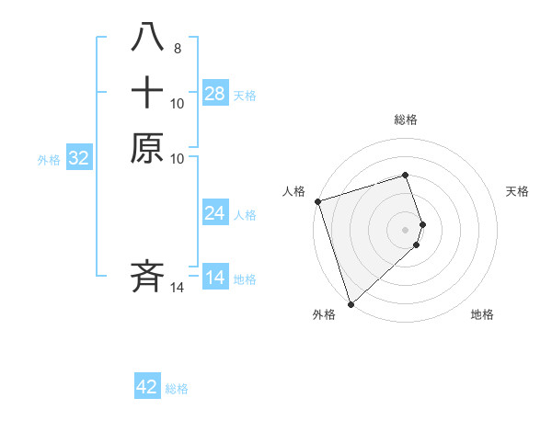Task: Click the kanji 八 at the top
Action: [x=147, y=38]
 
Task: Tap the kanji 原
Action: [x=147, y=149]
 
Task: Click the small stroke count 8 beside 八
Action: [x=177, y=48]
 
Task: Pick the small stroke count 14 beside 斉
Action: [x=178, y=289]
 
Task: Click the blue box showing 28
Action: [x=215, y=94]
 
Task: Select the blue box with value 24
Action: [x=215, y=213]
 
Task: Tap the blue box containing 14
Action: [x=215, y=278]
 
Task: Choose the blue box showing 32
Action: [x=79, y=158]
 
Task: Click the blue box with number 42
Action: [x=147, y=387]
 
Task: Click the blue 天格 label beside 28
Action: [x=245, y=95]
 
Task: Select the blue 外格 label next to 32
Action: [x=49, y=159]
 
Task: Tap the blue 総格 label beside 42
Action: [x=177, y=388]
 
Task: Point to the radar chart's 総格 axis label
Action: [x=406, y=119]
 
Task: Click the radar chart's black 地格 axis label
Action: [x=482, y=315]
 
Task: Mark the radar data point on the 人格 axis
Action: [x=317, y=201]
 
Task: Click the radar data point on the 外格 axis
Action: [x=350, y=303]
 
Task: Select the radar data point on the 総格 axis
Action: [x=406, y=175]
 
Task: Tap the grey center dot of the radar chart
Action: [x=406, y=229]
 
